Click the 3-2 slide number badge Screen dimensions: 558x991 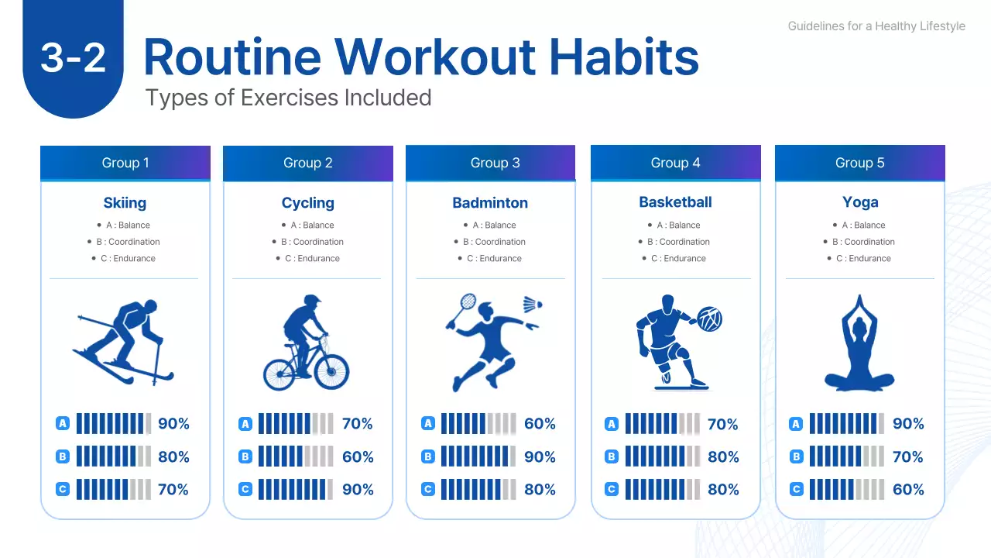click(x=73, y=58)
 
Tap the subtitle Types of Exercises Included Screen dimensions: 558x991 click(x=288, y=98)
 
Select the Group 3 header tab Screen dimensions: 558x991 click(x=495, y=163)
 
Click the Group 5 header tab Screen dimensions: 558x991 click(x=859, y=163)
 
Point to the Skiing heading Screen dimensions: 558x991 click(x=125, y=203)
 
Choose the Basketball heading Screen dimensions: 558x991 click(x=675, y=202)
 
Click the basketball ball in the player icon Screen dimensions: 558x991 click(x=709, y=319)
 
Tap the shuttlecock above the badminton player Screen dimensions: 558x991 click(x=531, y=304)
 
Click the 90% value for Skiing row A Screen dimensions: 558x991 click(x=173, y=424)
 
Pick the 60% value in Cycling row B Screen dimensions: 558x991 click(x=357, y=457)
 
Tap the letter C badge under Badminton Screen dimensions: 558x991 click(x=428, y=490)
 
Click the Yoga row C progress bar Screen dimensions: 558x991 click(x=846, y=490)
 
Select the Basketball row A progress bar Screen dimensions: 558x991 click(x=662, y=424)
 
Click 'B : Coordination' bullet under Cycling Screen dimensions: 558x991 click(x=312, y=242)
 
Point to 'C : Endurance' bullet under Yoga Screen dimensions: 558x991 click(x=863, y=259)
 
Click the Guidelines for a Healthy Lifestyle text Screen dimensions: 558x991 click(x=876, y=26)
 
